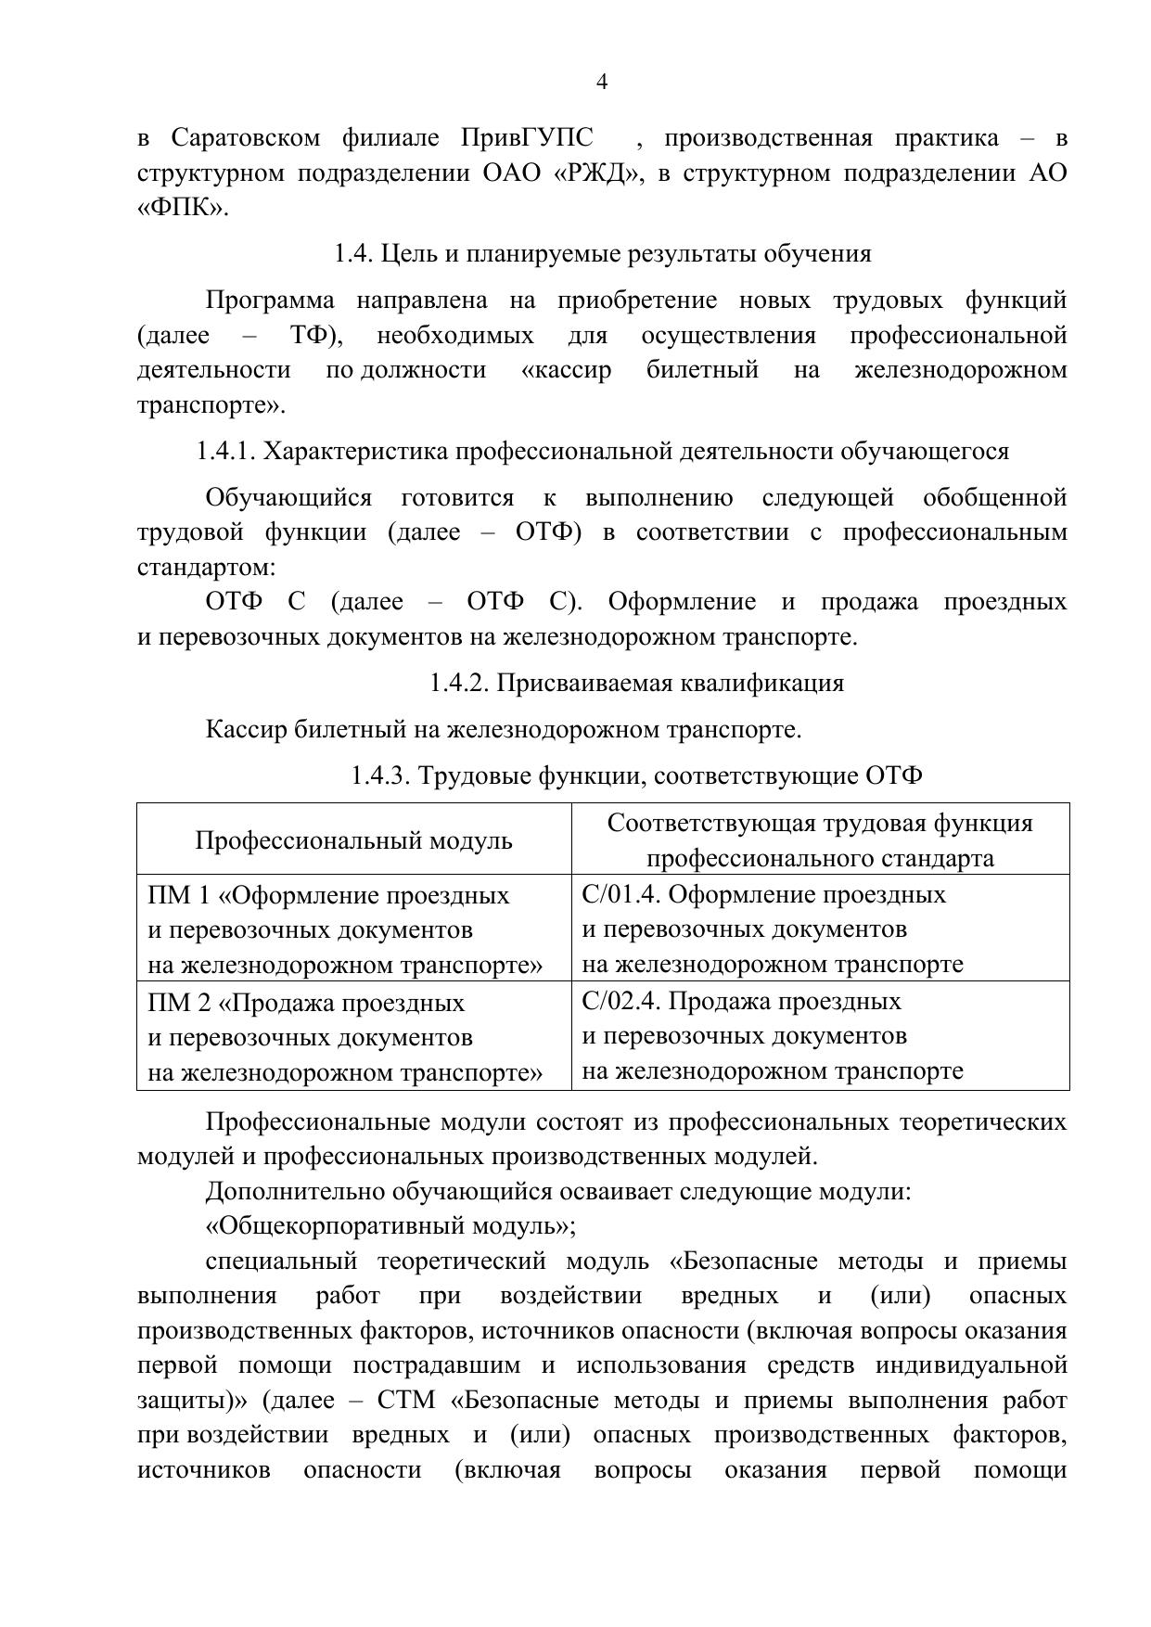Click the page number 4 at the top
tap(601, 83)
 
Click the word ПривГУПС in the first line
tap(526, 138)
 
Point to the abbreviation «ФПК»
tap(181, 208)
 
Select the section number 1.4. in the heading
tap(353, 254)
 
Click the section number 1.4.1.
tap(225, 452)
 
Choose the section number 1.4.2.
tap(459, 684)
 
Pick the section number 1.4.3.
tap(381, 775)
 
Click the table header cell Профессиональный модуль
tap(353, 840)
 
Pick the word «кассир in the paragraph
tap(566, 370)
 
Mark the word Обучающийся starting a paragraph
tap(288, 498)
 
